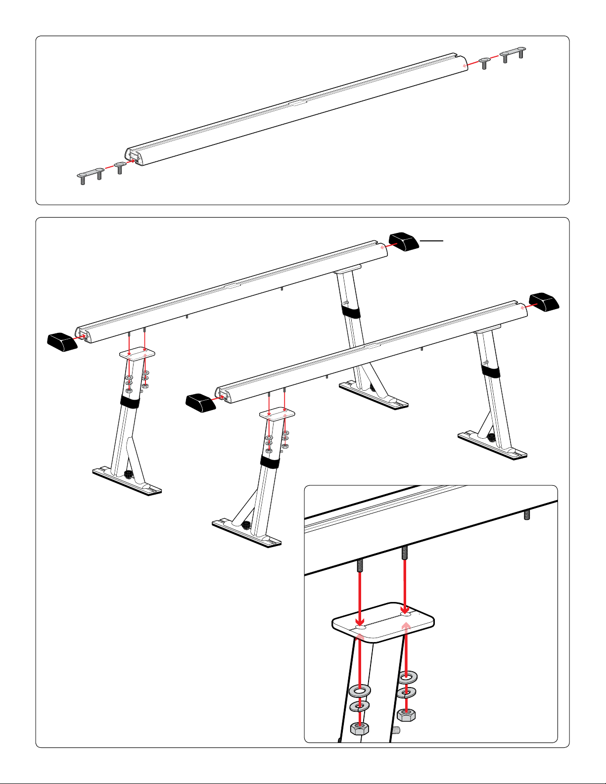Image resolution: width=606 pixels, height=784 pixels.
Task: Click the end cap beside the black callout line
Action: pyautogui.click(x=404, y=242)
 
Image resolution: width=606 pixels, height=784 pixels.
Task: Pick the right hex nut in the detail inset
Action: pyautogui.click(x=406, y=714)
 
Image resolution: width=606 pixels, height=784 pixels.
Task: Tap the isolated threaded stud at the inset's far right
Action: pyautogui.click(x=527, y=515)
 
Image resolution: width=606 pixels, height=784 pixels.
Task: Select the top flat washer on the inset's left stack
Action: pyautogui.click(x=360, y=690)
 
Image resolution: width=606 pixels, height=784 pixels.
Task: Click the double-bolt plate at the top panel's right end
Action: pyautogui.click(x=513, y=53)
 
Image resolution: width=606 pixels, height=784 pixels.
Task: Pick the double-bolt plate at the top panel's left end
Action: pyautogui.click(x=91, y=175)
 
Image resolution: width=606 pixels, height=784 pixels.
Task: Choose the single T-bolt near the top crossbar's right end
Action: pyautogui.click(x=485, y=61)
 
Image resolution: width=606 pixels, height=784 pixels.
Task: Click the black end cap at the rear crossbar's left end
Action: pyautogui.click(x=62, y=342)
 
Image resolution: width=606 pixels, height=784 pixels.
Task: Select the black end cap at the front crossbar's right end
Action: pyautogui.click(x=543, y=302)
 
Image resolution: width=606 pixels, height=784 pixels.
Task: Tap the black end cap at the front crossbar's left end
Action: pyautogui.click(x=200, y=402)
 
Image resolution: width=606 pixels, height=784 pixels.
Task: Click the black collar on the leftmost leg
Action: pyautogui.click(x=130, y=401)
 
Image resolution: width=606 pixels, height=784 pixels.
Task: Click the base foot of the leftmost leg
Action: pyautogui.click(x=128, y=481)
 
